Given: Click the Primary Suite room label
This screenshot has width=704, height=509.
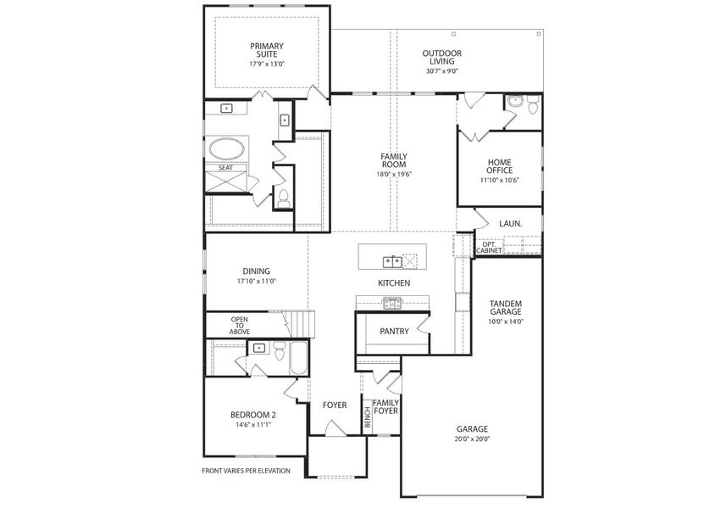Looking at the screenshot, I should click(x=266, y=50).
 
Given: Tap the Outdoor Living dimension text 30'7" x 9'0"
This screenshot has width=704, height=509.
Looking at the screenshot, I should click(x=441, y=71).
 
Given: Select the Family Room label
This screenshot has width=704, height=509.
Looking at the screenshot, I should click(x=393, y=161).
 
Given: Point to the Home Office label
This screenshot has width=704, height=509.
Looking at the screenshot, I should click(x=499, y=166).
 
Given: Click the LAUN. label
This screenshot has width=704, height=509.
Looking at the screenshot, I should click(x=510, y=224).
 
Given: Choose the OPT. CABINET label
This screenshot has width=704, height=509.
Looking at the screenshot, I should click(x=489, y=247).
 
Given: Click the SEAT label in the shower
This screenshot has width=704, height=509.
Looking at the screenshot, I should click(x=225, y=168).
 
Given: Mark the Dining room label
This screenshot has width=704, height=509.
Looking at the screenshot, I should click(x=256, y=271).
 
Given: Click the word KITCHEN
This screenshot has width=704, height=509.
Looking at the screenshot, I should click(x=394, y=282).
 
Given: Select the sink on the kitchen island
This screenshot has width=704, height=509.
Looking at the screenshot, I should click(x=391, y=260).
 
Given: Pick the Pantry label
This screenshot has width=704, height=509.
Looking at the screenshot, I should click(x=394, y=331).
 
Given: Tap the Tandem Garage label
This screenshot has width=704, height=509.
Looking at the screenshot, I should click(x=505, y=308).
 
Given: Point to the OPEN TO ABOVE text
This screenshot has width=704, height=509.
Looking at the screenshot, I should click(x=240, y=325).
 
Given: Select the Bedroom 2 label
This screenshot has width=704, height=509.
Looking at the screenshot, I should click(x=253, y=415).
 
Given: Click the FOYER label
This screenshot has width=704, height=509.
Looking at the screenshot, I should click(x=335, y=405).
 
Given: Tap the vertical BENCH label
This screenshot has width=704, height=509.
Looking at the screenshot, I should click(x=368, y=417).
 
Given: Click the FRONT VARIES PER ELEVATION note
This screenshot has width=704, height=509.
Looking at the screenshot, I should click(x=246, y=471).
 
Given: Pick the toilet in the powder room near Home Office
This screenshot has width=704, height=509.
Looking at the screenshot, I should click(x=532, y=106).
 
